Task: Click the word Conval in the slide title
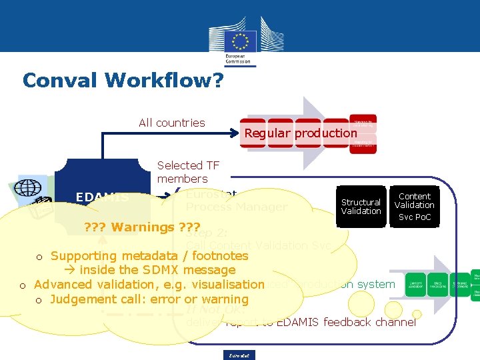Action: click(x=60, y=81)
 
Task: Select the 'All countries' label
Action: click(x=171, y=123)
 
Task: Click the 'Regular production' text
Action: click(x=301, y=133)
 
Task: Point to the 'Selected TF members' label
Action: click(x=183, y=172)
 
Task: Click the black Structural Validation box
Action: click(x=361, y=207)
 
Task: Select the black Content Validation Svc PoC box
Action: click(x=414, y=207)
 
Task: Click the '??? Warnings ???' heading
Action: click(x=129, y=227)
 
